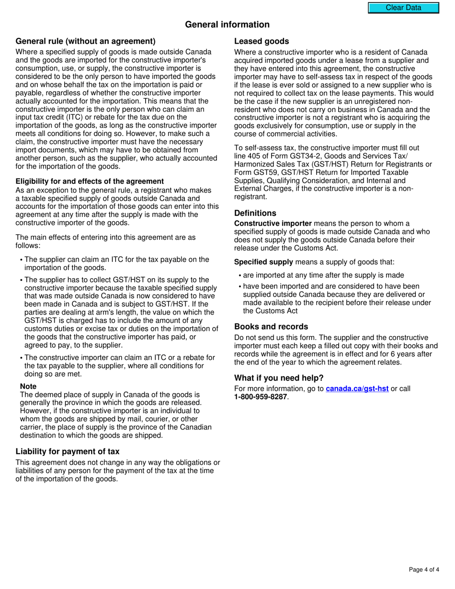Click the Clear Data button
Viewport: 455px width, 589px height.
[x=403, y=8]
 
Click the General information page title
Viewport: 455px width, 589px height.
[x=227, y=24]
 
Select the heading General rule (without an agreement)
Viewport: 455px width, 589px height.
[x=85, y=41]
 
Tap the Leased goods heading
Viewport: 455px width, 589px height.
[x=262, y=41]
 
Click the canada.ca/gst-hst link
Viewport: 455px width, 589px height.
[x=357, y=389]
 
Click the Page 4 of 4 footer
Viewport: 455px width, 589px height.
[x=424, y=569]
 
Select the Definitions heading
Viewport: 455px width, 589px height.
[x=255, y=213]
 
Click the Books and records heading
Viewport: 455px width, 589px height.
[x=271, y=327]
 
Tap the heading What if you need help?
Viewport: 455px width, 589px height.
[x=279, y=378]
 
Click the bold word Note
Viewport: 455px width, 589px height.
[x=28, y=386]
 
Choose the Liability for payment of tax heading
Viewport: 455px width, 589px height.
[x=68, y=452]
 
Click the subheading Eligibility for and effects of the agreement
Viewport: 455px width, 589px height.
[x=90, y=181]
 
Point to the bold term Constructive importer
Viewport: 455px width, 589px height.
[x=273, y=224]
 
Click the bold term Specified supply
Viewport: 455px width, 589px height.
[x=263, y=262]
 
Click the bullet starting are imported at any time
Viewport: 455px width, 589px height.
[x=323, y=275]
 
